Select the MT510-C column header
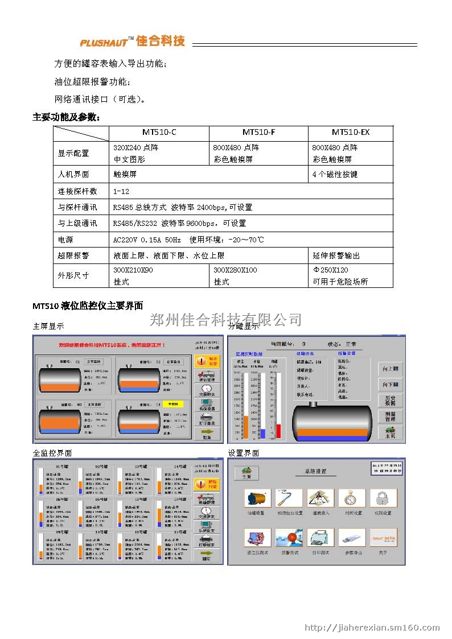tap(159, 132)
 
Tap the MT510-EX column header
tap(350, 132)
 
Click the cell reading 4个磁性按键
tap(335, 174)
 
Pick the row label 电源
tap(65, 240)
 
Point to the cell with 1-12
tap(121, 191)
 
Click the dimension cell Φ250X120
tap(330, 270)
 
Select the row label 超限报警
tap(73, 255)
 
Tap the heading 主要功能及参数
tap(66, 117)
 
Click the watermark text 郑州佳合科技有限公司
tap(225, 319)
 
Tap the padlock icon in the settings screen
tap(383, 498)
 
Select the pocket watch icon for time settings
tap(352, 498)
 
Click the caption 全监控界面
tap(52, 453)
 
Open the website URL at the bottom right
tap(372, 628)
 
